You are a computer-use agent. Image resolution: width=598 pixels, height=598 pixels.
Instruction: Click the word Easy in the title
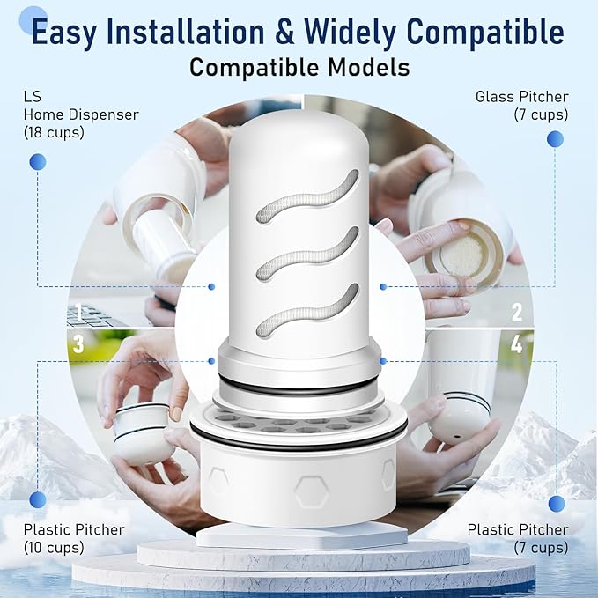pos(70,32)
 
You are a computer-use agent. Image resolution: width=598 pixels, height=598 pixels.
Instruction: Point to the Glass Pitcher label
pos(521,96)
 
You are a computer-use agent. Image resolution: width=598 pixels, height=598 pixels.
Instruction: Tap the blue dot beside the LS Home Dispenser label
pos(37,161)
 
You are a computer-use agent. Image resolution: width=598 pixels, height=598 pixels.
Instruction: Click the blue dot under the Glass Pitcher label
pos(555,138)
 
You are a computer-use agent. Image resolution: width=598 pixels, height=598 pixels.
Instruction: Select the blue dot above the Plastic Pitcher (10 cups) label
pos(37,500)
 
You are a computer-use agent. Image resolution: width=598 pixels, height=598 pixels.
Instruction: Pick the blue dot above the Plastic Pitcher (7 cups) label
pos(557,503)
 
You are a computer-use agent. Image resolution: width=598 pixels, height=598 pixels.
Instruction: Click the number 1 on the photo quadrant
pos(78,313)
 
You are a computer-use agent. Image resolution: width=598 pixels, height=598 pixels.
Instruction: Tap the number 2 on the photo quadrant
pos(517,312)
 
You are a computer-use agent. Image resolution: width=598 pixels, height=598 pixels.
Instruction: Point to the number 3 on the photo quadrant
pos(78,344)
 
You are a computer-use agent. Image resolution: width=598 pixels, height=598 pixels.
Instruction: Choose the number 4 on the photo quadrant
pos(517,344)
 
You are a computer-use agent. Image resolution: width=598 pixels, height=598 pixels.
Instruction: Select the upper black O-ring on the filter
pos(299,386)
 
